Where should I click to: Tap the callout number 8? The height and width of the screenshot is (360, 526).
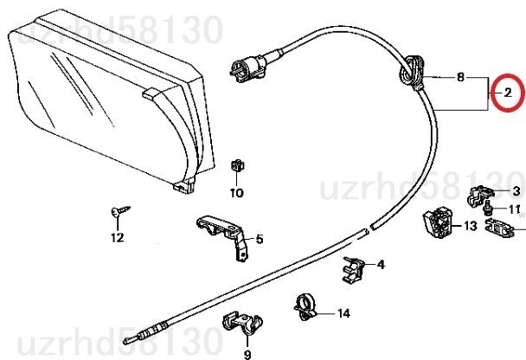click(x=461, y=77)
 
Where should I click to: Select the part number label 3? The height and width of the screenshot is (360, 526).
click(x=516, y=191)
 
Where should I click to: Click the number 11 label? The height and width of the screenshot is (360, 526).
click(x=514, y=209)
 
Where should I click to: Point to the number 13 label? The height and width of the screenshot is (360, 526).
click(x=470, y=227)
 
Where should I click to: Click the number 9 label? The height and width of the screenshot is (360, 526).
click(x=247, y=354)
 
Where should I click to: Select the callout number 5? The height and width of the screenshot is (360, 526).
click(x=259, y=240)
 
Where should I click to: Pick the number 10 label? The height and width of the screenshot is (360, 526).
click(x=236, y=193)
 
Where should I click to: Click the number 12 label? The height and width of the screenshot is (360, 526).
click(x=117, y=237)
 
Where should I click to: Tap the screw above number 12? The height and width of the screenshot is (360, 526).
click(x=119, y=211)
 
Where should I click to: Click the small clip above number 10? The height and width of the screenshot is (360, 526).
click(x=236, y=164)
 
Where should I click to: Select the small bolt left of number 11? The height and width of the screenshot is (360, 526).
click(x=490, y=210)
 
